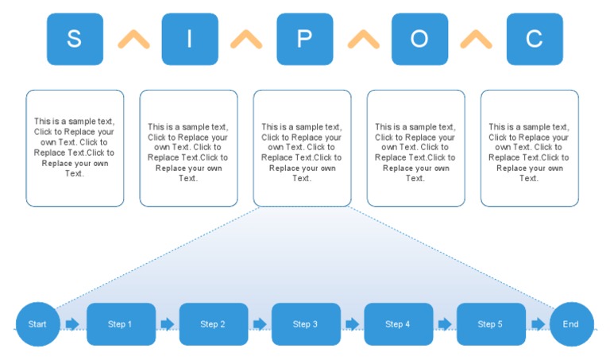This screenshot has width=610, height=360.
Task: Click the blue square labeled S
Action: [75, 39]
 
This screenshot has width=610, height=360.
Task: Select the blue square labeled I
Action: [190, 39]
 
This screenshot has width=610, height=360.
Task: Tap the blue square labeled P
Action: [304, 39]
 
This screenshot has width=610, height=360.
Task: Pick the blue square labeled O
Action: [419, 39]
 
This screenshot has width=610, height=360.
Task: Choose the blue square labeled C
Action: [535, 39]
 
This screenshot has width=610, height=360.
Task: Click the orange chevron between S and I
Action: [133, 40]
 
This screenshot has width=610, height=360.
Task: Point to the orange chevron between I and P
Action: [246, 40]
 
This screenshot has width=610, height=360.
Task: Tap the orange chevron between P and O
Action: [363, 40]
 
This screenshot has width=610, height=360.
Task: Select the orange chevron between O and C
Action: [477, 40]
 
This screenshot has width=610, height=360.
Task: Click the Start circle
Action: [37, 324]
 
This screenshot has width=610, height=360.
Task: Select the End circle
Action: [571, 324]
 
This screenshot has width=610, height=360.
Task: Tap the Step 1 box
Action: [120, 324]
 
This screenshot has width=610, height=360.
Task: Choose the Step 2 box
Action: [213, 324]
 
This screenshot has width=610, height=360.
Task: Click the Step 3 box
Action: [306, 324]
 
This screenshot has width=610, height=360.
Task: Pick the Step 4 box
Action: [398, 324]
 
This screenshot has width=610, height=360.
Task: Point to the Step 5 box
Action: [491, 324]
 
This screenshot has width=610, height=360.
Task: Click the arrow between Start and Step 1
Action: [72, 324]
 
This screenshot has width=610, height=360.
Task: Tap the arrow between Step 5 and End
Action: [538, 324]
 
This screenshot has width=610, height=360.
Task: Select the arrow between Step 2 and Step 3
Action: [259, 324]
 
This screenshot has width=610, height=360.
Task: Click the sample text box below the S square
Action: [75, 148]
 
